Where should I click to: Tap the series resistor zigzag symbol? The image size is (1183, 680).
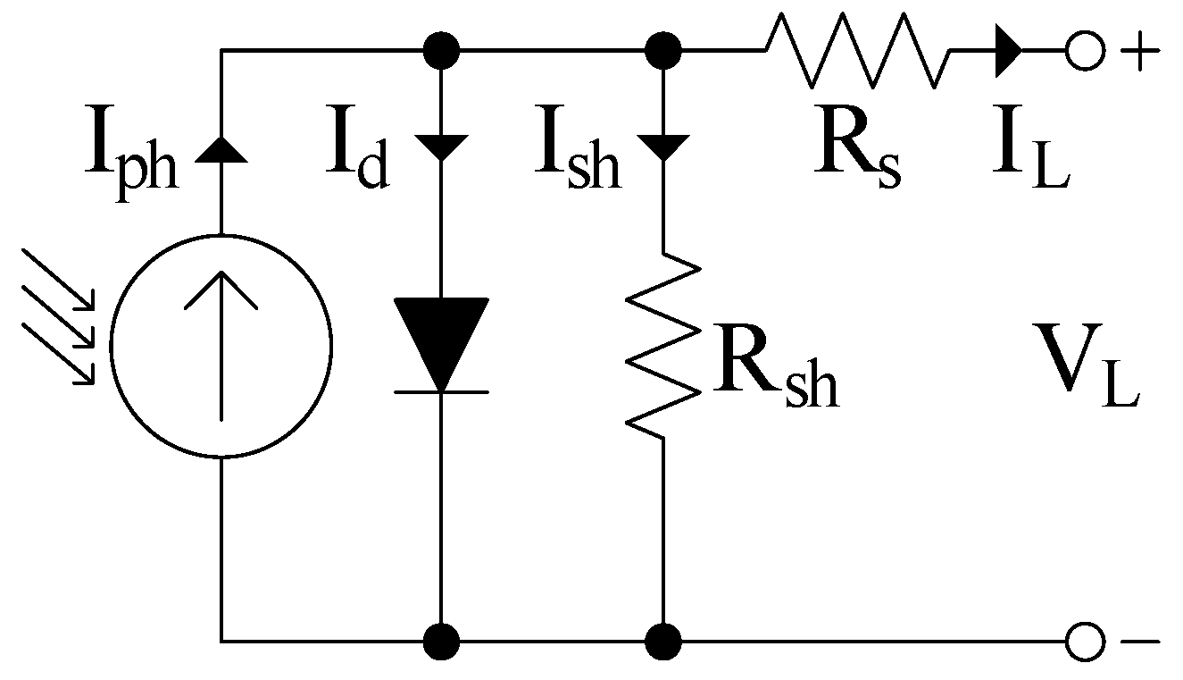click(855, 50)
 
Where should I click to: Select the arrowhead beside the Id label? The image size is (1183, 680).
click(441, 147)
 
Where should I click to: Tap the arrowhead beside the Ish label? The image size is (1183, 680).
click(662, 147)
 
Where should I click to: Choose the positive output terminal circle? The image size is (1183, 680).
click(1085, 51)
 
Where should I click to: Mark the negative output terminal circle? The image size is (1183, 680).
click(1085, 641)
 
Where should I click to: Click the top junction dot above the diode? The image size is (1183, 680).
click(441, 51)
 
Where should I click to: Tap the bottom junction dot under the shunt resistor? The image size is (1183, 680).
click(662, 641)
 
